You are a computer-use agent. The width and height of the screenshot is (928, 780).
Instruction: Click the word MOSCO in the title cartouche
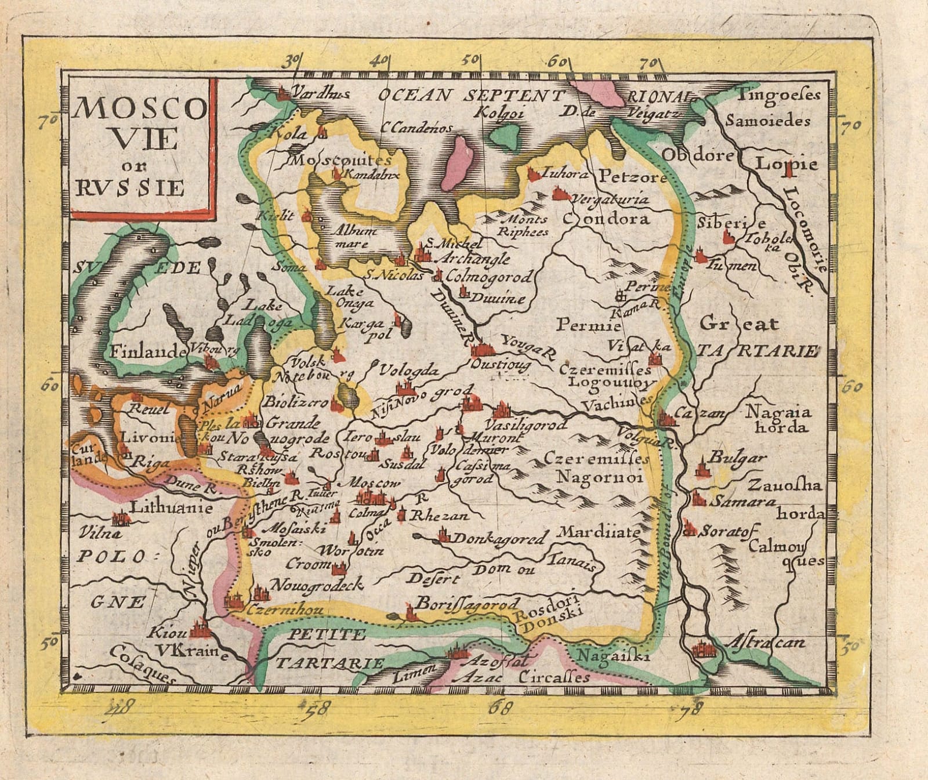(141, 107)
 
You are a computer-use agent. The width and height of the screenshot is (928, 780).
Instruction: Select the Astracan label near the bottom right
(766, 643)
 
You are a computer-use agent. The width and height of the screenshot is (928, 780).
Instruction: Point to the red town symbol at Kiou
(199, 627)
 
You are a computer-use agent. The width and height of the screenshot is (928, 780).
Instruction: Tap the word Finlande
(148, 351)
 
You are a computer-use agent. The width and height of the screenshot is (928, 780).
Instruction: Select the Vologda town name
(409, 371)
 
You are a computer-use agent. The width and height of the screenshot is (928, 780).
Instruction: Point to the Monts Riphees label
(523, 225)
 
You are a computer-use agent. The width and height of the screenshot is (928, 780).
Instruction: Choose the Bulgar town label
(737, 458)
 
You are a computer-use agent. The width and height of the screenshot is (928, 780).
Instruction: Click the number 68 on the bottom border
(501, 708)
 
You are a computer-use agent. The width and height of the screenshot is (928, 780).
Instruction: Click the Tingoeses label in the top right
(778, 95)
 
